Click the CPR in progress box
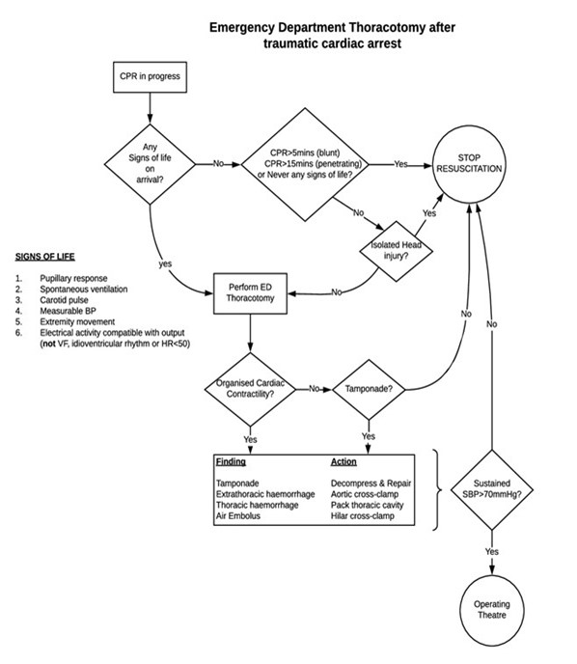coord(149,75)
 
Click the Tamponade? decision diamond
coord(368,389)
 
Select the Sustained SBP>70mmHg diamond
coord(492,488)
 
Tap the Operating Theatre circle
coord(492,610)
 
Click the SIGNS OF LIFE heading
coord(45,258)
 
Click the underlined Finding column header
coord(231,461)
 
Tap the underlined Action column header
coord(343,461)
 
